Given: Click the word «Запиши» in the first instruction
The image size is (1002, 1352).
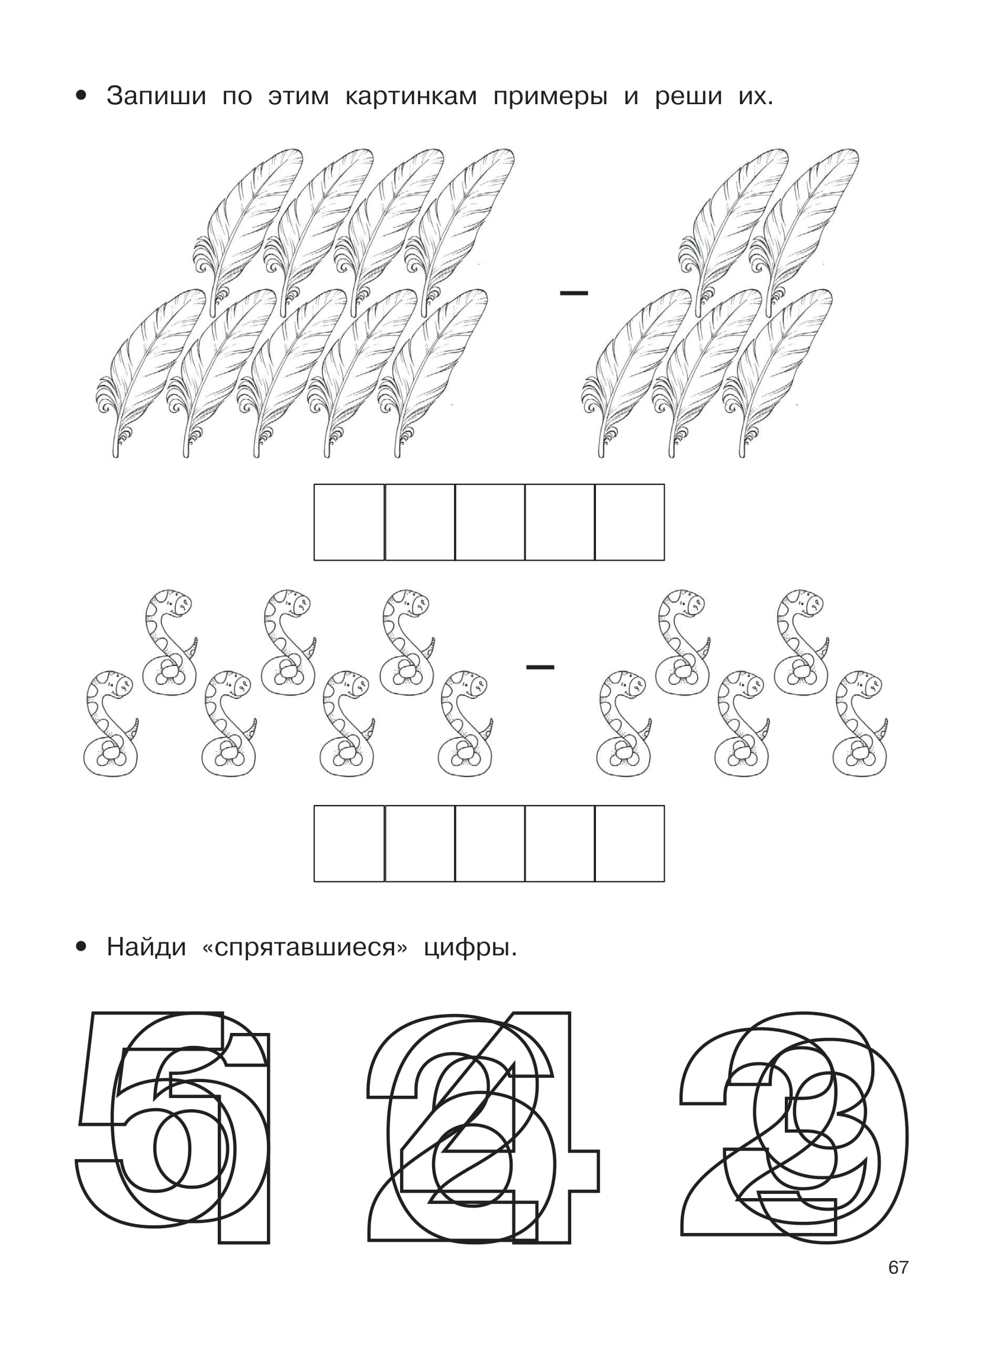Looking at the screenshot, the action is click(x=156, y=96).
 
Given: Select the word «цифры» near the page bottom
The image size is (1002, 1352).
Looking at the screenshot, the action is click(x=471, y=948).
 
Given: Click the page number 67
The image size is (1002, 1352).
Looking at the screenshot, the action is click(x=898, y=1267).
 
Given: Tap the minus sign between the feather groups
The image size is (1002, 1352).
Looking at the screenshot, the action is click(x=574, y=294).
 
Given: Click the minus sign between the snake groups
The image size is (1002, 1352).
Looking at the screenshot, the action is click(x=540, y=667).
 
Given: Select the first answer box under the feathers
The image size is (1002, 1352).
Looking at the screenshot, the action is click(x=349, y=522).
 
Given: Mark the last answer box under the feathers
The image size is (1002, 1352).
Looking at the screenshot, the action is click(x=630, y=522).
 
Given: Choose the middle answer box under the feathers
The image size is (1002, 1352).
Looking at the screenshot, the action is click(x=489, y=522).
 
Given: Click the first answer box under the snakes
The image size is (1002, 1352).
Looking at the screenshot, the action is click(x=349, y=844).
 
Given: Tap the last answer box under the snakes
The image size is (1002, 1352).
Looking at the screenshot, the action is click(x=630, y=844).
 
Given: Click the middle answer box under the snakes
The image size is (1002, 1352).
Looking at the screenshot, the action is click(x=489, y=844).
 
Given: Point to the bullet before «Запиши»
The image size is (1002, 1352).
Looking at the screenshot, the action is click(x=81, y=96).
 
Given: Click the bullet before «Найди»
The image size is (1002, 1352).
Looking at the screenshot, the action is click(x=81, y=947).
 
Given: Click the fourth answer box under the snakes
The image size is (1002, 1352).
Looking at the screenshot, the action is click(x=560, y=844).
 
